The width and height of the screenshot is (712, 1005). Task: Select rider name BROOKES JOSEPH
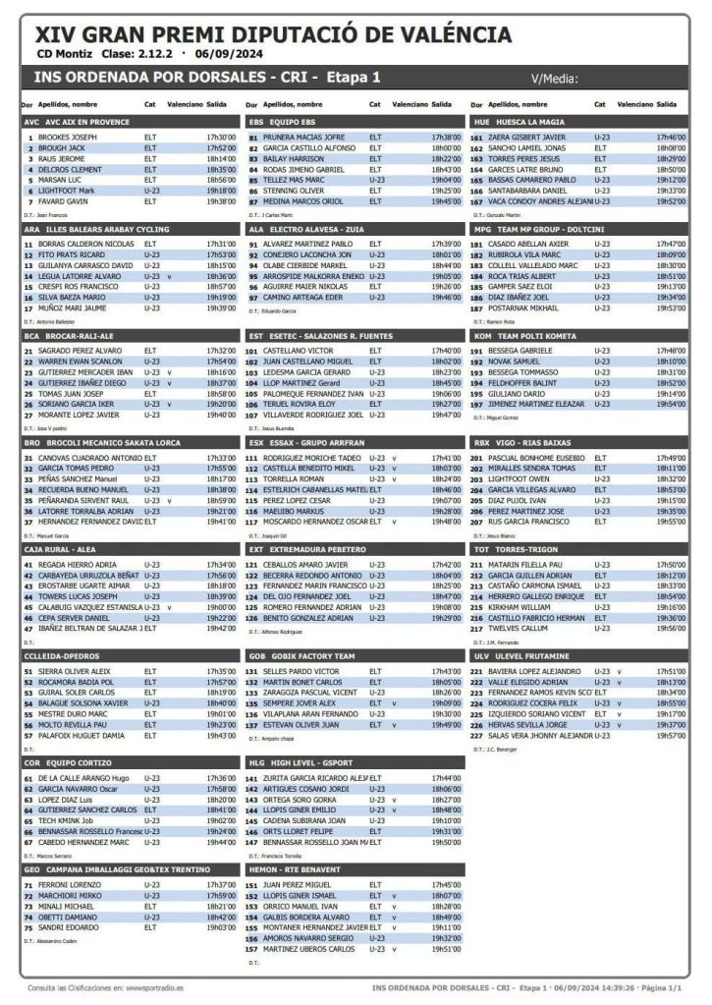tap(68, 138)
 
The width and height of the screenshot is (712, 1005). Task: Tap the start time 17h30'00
tap(221, 138)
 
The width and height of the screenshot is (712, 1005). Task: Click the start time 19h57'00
tap(672, 734)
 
